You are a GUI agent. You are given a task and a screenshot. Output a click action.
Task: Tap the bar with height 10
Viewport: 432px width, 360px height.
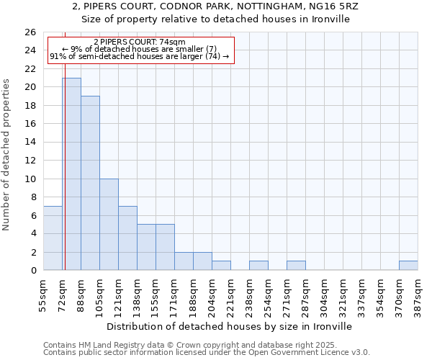point(109,224)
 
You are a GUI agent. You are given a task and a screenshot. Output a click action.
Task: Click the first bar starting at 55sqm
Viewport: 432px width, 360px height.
point(53,238)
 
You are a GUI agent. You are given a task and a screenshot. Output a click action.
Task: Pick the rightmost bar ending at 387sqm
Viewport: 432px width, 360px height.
point(408,265)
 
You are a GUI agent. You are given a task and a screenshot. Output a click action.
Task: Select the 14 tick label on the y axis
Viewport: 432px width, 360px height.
point(30,142)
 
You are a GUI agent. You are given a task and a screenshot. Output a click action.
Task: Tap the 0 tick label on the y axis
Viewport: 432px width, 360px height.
point(32,270)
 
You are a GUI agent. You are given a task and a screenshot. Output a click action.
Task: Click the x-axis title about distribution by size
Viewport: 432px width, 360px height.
point(230,326)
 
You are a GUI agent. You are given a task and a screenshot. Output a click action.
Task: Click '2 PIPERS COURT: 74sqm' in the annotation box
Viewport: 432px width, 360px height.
point(140,42)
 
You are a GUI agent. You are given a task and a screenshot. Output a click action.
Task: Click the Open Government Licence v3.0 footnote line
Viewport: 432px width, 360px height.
point(207,352)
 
